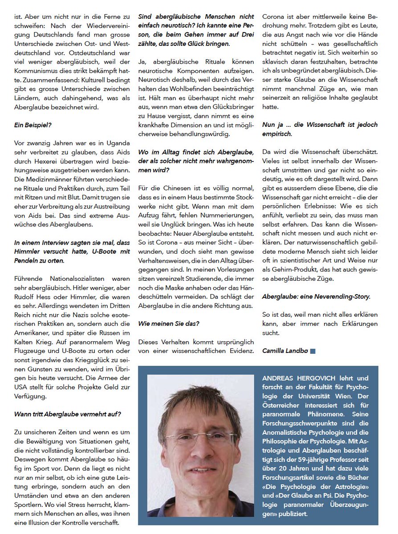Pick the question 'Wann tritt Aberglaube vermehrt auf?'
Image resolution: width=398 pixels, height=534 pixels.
[67, 414]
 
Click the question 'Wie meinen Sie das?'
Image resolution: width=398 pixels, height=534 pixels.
[168, 324]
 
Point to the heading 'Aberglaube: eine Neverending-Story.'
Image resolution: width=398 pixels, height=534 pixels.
[316, 296]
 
